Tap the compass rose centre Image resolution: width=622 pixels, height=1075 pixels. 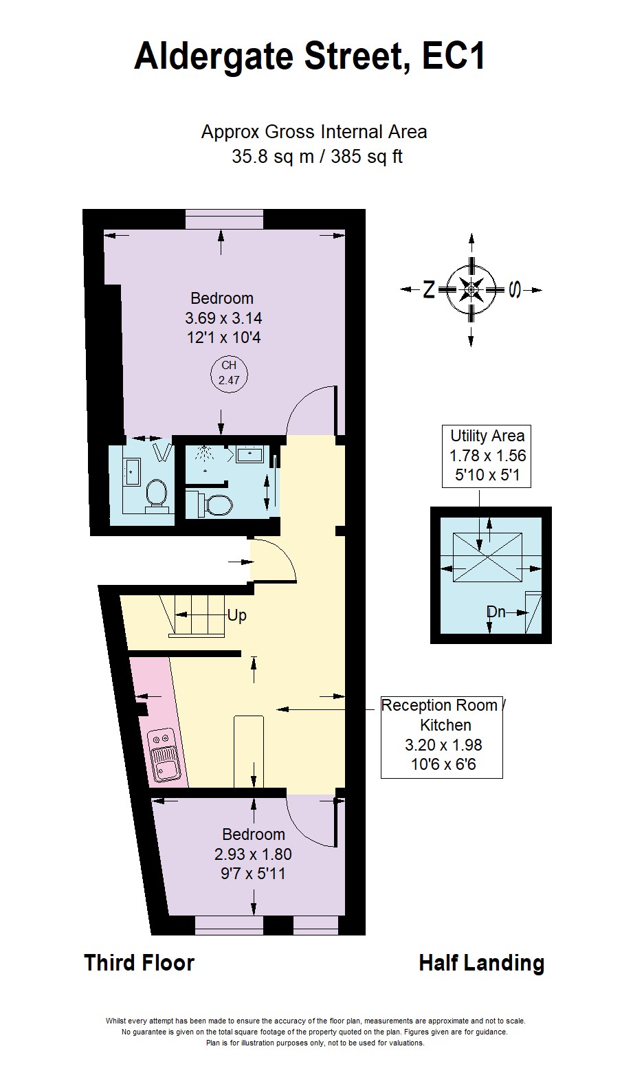pos(471,289)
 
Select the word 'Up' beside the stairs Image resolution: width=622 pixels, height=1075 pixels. pos(236,615)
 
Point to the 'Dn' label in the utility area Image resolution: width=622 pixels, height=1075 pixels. pos(496,611)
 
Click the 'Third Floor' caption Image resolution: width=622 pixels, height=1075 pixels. pos(139,963)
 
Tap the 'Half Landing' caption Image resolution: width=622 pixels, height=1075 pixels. pos(481,963)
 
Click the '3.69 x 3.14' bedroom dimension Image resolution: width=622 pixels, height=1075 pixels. pos(223,318)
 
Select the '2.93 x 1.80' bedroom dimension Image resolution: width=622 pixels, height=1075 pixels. pos(253,854)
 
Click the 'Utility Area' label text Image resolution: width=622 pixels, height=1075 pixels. pos(487,435)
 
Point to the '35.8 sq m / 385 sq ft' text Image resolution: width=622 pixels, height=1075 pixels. pos(316,157)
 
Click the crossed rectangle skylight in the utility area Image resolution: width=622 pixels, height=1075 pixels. pos(486,558)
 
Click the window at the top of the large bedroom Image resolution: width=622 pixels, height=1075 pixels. pos(224,219)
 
